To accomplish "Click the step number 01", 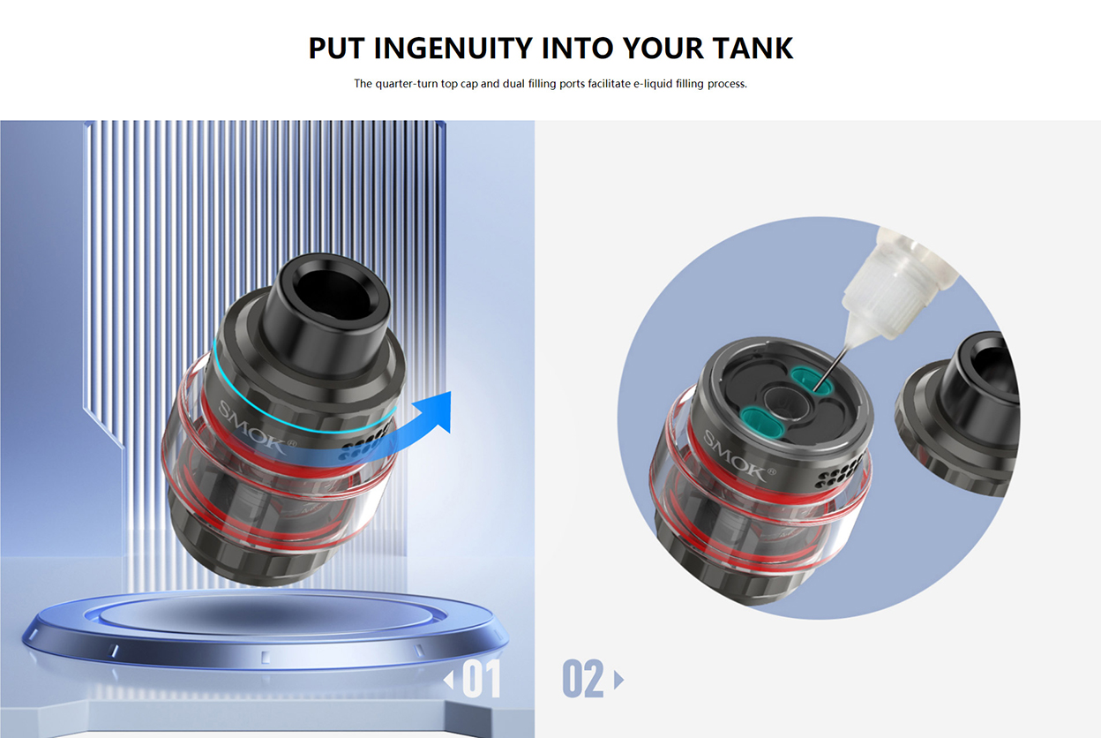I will [x=482, y=680].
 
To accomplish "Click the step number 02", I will [x=583, y=680].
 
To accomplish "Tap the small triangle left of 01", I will [x=449, y=680].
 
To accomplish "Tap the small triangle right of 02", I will [x=618, y=680].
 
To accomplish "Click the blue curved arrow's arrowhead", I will [x=436, y=410].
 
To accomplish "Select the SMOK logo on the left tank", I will [x=251, y=426].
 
